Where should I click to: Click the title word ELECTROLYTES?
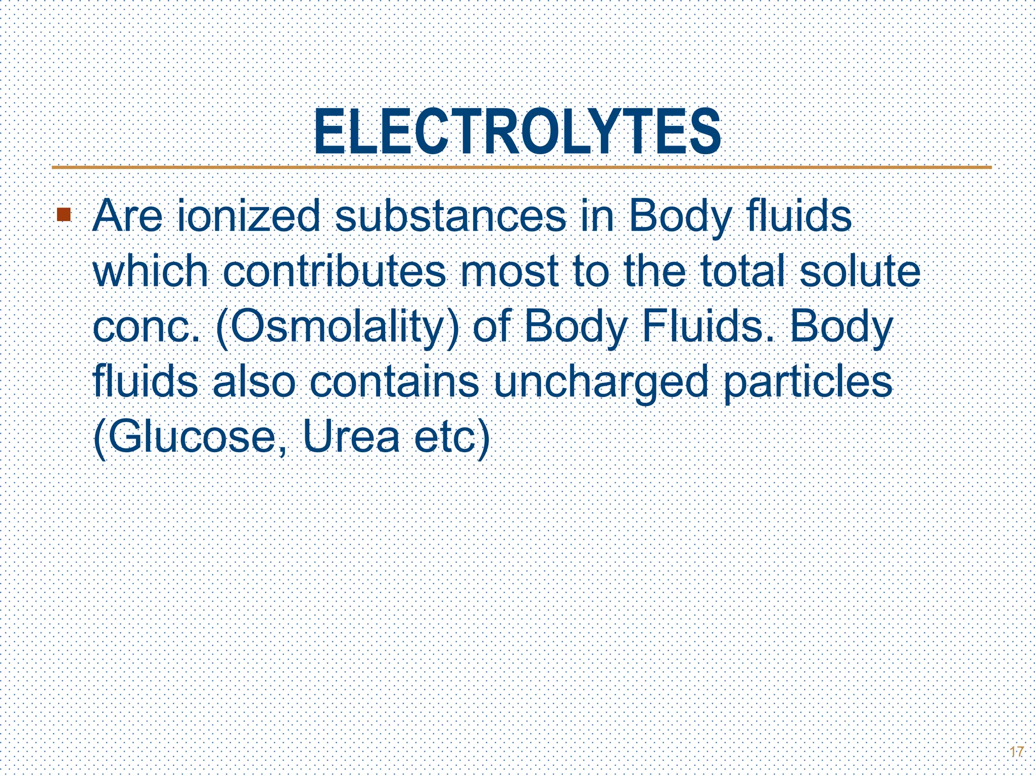coord(517,132)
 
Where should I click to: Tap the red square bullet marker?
coord(64,215)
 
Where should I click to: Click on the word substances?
coord(450,216)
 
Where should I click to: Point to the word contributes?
coord(334,271)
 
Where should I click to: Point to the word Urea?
coord(351,438)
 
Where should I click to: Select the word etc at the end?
coord(445,438)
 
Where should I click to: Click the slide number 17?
coord(1016,752)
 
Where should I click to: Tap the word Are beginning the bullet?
coord(127,216)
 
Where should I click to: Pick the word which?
coord(151,271)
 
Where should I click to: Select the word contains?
coord(394,382)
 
